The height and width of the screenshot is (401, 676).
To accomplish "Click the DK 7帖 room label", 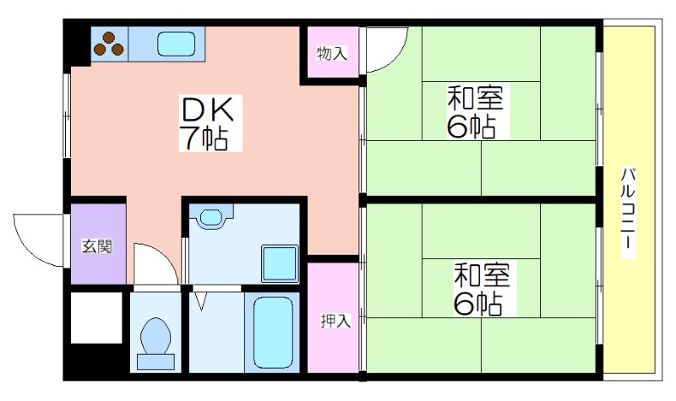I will [203, 124].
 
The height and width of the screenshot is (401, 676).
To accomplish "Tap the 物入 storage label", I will [331, 54].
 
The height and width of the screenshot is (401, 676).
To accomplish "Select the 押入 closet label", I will [335, 321].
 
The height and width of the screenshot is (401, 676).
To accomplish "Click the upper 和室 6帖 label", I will [474, 111].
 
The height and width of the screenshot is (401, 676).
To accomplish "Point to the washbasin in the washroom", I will [209, 218].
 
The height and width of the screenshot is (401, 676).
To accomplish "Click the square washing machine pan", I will [280, 263].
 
